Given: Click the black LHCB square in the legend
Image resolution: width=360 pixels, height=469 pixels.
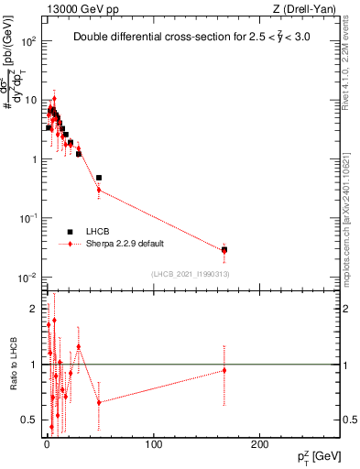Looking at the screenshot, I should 70,231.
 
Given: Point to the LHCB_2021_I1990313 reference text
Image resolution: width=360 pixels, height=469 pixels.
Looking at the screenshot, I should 191,274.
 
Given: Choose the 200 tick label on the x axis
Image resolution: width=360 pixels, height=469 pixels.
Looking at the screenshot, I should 260,444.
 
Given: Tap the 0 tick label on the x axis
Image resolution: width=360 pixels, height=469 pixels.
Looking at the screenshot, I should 47,444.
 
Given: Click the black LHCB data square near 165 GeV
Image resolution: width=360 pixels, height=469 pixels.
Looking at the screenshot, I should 224,249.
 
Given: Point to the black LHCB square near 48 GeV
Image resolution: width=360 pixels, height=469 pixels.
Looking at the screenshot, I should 99,178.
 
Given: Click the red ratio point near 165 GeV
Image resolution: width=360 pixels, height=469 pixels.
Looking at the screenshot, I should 224,370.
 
